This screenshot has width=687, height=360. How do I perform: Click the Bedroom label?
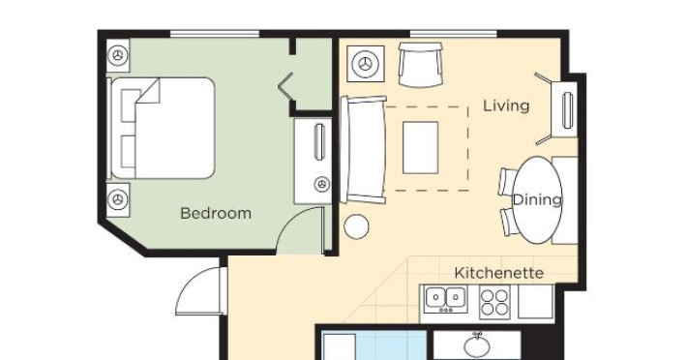point(216,213)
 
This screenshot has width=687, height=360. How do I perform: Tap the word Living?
point(506,105)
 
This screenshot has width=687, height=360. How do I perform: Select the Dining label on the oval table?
point(537,199)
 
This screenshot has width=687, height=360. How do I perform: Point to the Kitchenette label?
point(499,273)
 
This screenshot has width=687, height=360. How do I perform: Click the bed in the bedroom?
point(162,129)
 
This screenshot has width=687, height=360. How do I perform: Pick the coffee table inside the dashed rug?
point(420,148)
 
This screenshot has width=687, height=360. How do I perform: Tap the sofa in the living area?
point(363,150)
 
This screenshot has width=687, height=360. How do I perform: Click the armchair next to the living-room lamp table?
point(420,64)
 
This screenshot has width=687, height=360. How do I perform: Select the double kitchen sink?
point(446,299)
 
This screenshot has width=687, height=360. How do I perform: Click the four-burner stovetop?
point(494,302)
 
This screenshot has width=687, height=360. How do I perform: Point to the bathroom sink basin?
point(477,346)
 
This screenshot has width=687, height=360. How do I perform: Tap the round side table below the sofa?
point(356,226)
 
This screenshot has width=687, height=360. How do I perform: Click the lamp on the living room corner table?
point(366,64)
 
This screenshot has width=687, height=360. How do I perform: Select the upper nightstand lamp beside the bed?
point(118,55)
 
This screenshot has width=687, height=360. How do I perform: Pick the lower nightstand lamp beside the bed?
point(118,199)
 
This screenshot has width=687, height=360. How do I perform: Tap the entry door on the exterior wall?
point(201,291)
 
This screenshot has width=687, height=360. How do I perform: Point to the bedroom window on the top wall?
point(215,34)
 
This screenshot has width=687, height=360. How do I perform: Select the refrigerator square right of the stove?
point(535,301)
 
